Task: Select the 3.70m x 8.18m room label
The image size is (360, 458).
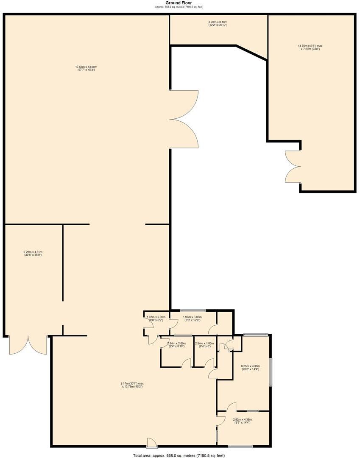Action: click(x=218, y=24)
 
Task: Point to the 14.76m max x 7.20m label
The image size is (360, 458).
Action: click(x=310, y=47)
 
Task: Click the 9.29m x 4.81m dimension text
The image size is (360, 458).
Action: click(x=33, y=253)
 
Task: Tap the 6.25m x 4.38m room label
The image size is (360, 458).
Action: click(x=250, y=367)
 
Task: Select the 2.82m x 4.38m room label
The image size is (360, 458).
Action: click(x=243, y=421)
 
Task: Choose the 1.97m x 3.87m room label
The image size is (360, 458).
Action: click(x=192, y=318)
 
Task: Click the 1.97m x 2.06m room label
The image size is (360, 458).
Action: click(x=156, y=318)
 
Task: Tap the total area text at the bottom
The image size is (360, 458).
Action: click(x=179, y=455)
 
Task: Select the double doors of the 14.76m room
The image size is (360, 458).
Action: click(x=293, y=166)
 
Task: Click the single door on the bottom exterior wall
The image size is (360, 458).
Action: click(x=151, y=443)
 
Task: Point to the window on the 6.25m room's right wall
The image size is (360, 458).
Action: click(x=271, y=372)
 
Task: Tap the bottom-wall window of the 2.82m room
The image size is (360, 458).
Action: click(x=240, y=446)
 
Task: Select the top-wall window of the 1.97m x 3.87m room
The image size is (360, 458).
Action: click(x=193, y=310)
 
